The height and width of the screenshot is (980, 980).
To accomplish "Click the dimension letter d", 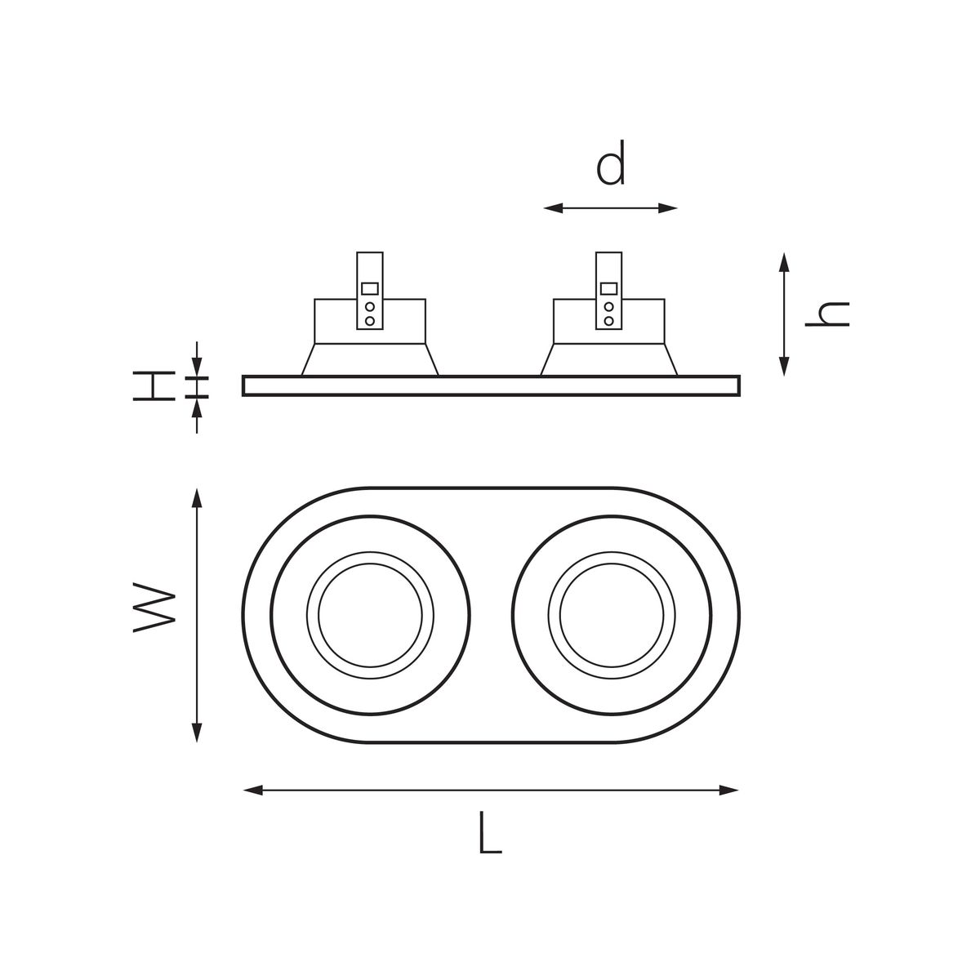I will [x=611, y=163].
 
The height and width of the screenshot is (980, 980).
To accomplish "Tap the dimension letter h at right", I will [x=826, y=314].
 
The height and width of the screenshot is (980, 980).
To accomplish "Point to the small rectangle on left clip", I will [x=370, y=288].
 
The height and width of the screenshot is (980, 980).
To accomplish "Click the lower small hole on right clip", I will [x=608, y=321].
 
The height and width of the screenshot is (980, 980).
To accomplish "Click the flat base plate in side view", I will [x=491, y=385].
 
